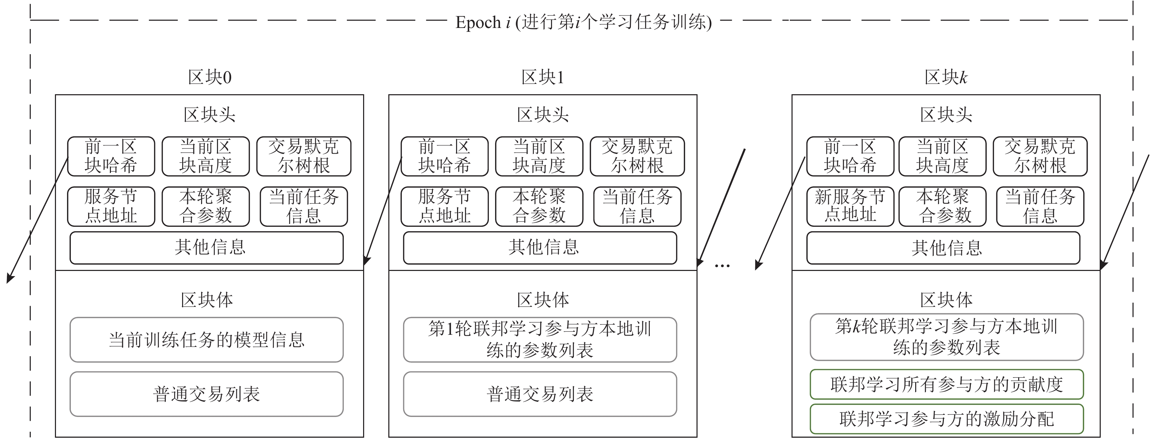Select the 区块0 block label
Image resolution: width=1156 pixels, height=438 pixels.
click(x=210, y=78)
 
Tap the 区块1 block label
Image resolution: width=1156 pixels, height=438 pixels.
click(x=542, y=78)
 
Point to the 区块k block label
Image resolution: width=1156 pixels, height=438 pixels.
click(x=946, y=78)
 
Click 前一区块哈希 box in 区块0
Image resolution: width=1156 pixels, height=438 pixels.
click(x=111, y=156)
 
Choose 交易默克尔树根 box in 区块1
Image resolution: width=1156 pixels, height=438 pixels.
click(x=637, y=156)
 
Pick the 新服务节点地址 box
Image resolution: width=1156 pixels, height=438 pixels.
click(x=850, y=206)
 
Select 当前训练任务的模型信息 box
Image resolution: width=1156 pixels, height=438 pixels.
click(x=207, y=340)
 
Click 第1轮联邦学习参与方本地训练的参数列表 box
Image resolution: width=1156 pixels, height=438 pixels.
click(x=540, y=340)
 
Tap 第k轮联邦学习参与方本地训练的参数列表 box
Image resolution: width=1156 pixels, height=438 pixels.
click(x=946, y=337)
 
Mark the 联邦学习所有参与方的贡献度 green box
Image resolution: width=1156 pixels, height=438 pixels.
click(x=946, y=384)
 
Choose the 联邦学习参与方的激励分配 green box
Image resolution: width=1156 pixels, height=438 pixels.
click(x=946, y=419)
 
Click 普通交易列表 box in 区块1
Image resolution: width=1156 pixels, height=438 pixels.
click(x=540, y=394)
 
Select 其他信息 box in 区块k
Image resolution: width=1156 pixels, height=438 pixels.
click(x=943, y=248)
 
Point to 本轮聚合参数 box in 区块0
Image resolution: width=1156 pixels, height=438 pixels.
click(x=206, y=206)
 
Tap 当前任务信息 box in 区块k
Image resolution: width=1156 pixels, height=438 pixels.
click(x=1040, y=206)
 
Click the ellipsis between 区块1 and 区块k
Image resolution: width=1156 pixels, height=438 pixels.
click(x=722, y=266)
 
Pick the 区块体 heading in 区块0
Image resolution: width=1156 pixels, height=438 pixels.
click(x=207, y=300)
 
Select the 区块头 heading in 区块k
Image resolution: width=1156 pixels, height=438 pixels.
click(x=946, y=115)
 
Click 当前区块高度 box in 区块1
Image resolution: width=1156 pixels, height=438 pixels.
click(x=539, y=156)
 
